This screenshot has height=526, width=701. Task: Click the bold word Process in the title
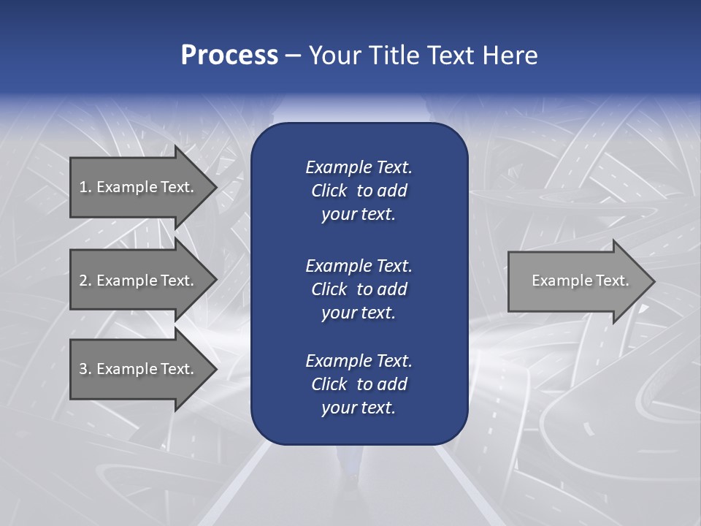(229, 56)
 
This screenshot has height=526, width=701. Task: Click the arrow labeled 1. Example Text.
(139, 187)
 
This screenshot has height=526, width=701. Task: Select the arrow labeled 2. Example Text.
(139, 281)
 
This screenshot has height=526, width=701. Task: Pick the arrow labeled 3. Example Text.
(139, 369)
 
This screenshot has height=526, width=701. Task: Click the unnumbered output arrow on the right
(577, 281)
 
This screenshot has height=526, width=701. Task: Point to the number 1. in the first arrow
(85, 187)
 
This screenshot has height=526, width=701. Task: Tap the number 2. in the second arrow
(85, 281)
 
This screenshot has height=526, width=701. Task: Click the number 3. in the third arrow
(85, 369)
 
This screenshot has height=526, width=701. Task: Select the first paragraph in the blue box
(359, 191)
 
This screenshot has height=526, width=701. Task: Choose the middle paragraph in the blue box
(359, 289)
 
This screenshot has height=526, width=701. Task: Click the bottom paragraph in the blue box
(359, 384)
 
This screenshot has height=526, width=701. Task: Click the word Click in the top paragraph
(329, 191)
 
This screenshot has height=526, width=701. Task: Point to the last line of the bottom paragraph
(359, 408)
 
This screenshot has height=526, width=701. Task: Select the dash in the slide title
(294, 56)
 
